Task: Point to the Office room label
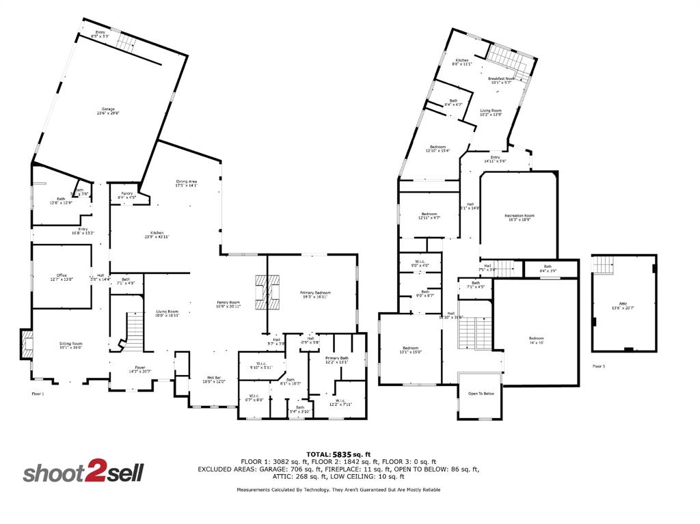point(62,277)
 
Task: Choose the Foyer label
point(140,369)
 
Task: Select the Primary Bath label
point(336,359)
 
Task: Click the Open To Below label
point(481,394)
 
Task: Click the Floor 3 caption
point(598,367)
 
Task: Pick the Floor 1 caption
point(38,394)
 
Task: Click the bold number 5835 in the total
point(341,454)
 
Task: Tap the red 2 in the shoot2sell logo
point(94,472)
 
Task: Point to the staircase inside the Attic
point(604,264)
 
